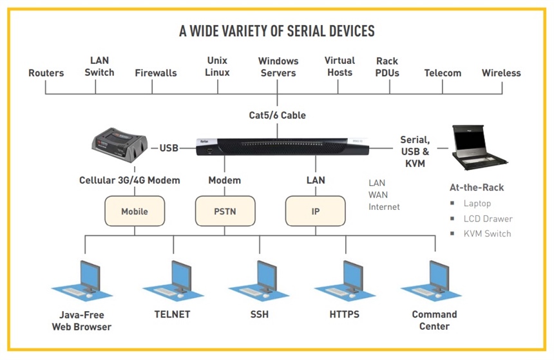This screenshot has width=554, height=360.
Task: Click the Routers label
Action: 46,73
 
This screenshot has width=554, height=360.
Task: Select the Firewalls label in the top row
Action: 156,73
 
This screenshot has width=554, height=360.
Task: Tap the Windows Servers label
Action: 278,67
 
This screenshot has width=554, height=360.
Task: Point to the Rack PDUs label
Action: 387,67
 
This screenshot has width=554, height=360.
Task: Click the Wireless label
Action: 501,73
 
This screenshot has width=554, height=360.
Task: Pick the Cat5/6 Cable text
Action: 278,115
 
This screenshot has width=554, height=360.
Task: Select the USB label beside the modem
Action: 169,148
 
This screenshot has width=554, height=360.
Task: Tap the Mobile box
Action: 135,211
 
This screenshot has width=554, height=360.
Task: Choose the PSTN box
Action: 225,211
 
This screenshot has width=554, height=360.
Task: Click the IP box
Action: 316,211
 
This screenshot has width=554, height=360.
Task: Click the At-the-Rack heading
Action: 477,187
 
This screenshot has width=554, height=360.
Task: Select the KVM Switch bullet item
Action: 487,233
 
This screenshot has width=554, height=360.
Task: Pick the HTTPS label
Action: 345,315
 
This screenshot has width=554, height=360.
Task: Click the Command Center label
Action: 434,320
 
